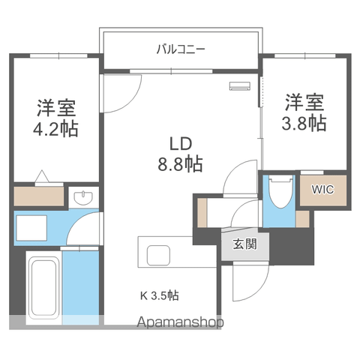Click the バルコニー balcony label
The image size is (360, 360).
coord(181,49)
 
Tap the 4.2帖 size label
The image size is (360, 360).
coord(55,129)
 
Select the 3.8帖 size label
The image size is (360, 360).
coord(304,123)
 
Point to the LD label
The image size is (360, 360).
coord(181,144)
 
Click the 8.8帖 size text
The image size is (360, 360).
coord(180,163)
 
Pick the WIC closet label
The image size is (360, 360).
coord(322,190)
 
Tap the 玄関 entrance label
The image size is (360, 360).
coord(244,244)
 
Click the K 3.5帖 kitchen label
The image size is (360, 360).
coord(160,295)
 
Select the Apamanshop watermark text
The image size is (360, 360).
coord(180,322)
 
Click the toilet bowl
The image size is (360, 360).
coord(281,191)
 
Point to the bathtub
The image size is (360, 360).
coord(43,287)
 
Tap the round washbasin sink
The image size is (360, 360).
coord(83,197)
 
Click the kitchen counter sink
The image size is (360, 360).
coord(158,255)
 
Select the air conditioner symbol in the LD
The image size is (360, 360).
coord(240,85)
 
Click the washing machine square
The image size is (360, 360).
coord(31,228)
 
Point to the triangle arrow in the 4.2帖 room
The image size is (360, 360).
coord(42,176)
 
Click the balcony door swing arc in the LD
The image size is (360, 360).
coord(133,101)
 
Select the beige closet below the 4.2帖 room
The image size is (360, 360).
coord(39,196)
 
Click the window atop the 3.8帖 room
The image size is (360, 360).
coord(305,55)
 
